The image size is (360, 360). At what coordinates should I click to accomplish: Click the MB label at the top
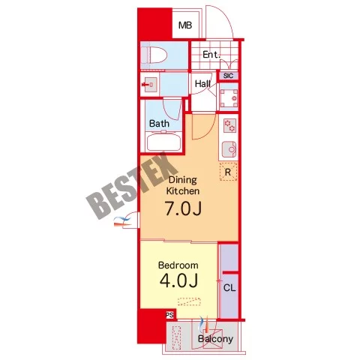point(185,25)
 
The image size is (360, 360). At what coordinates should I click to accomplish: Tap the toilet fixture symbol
point(154,55)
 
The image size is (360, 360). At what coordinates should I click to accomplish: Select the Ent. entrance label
point(211,55)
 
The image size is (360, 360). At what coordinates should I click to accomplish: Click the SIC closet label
point(228,76)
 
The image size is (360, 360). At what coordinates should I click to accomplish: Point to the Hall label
point(202,83)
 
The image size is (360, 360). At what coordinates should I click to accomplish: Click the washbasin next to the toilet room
point(150,85)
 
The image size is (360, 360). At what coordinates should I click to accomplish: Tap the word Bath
point(159,123)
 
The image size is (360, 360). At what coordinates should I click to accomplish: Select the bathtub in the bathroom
point(164,142)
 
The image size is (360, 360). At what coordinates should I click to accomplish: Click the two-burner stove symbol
point(229,125)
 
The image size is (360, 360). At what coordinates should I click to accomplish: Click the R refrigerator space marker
point(228,172)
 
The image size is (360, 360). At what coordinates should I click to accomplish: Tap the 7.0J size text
point(183,208)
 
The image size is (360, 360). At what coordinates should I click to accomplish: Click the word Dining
point(183,180)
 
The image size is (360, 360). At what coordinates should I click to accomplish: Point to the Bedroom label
point(178,265)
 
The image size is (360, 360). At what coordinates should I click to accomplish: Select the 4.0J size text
point(178,280)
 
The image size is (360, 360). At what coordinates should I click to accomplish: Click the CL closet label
point(229,288)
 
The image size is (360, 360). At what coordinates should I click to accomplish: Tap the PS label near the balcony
point(169,315)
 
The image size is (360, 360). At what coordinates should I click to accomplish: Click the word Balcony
point(215,339)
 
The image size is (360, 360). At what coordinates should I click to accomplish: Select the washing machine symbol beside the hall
point(229,97)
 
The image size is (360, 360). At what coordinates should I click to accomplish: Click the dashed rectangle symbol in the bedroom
point(189,301)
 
